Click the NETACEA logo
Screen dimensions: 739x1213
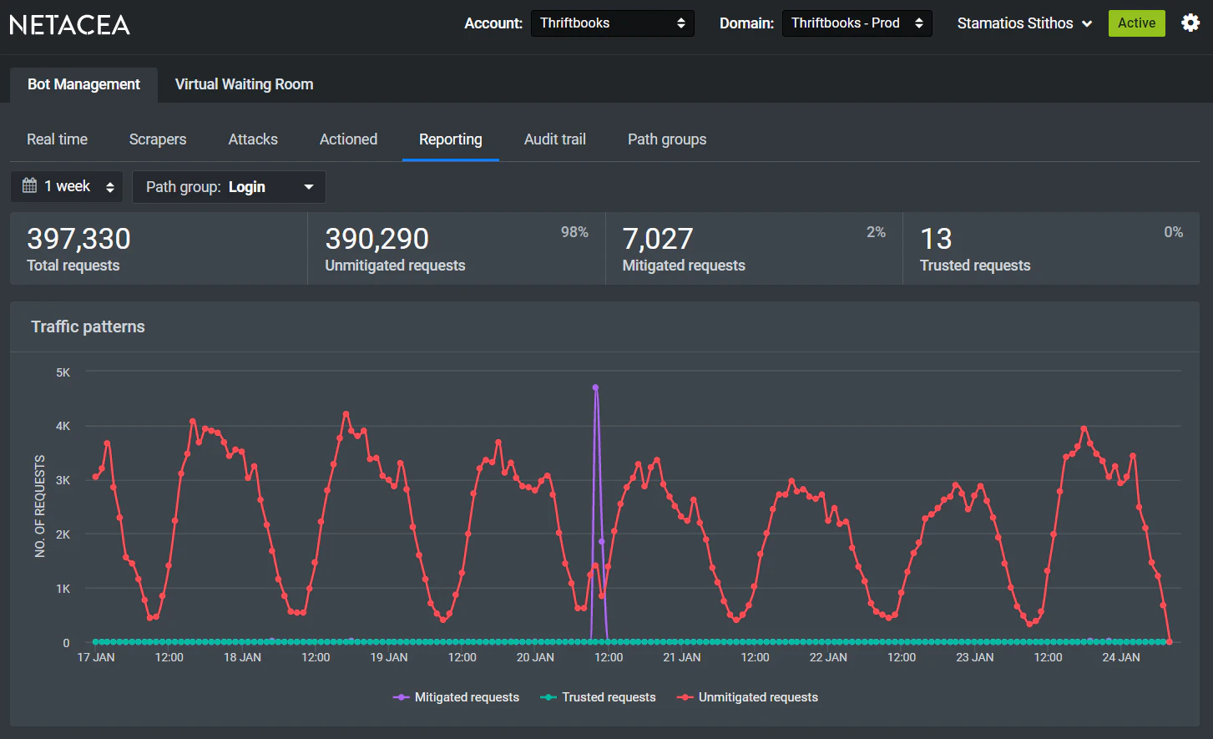tap(70, 25)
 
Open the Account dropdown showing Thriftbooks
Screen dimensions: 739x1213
tap(612, 23)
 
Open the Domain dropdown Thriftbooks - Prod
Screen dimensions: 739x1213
tap(857, 23)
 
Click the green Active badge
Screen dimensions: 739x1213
tap(1136, 23)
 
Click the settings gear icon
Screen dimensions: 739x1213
tap(1190, 23)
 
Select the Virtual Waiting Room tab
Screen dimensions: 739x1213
tap(244, 84)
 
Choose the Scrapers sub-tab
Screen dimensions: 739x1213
tap(158, 139)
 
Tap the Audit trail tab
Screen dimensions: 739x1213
tap(554, 139)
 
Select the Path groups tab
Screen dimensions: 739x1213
tap(666, 139)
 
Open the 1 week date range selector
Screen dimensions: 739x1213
tap(67, 186)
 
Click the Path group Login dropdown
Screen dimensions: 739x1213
tap(229, 187)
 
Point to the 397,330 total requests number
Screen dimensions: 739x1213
tap(78, 240)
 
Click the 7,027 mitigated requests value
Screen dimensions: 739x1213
tap(658, 240)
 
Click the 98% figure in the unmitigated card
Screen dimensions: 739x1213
tap(574, 232)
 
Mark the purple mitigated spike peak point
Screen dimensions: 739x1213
tap(595, 387)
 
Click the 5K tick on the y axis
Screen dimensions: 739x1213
tap(63, 372)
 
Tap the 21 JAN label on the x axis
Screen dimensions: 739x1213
tap(681, 657)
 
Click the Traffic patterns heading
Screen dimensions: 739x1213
tap(88, 326)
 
